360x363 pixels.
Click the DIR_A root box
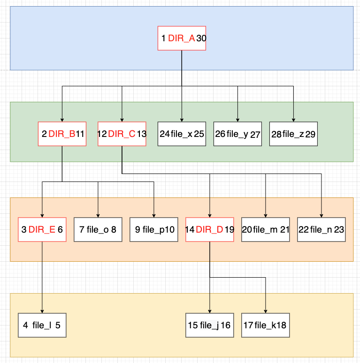pyautogui.click(x=182, y=38)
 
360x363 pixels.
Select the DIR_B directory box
pyautogui.click(x=62, y=134)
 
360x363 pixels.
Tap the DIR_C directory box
pyautogui.click(x=122, y=134)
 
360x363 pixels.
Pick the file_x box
pyautogui.click(x=182, y=134)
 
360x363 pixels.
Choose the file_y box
pyautogui.click(x=237, y=134)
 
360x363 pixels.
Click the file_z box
pyautogui.click(x=293, y=134)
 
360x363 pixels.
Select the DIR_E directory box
pyautogui.click(x=42, y=229)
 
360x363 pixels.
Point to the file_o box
pyautogui.click(x=98, y=229)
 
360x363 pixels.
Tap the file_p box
pyautogui.click(x=154, y=229)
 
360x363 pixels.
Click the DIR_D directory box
pyautogui.click(x=209, y=229)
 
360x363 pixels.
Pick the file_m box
pyautogui.click(x=265, y=229)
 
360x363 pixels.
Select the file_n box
pyautogui.click(x=322, y=229)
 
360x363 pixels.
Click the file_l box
pyautogui.click(x=42, y=325)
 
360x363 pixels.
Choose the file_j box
pyautogui.click(x=209, y=325)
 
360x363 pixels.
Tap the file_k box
pyautogui.click(x=266, y=325)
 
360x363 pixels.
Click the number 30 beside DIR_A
pyautogui.click(x=201, y=38)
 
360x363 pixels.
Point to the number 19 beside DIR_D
pyautogui.click(x=229, y=229)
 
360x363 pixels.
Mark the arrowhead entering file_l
pyautogui.click(x=42, y=310)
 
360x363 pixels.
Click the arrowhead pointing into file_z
pyautogui.click(x=293, y=119)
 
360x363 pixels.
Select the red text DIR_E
pyautogui.click(x=42, y=229)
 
